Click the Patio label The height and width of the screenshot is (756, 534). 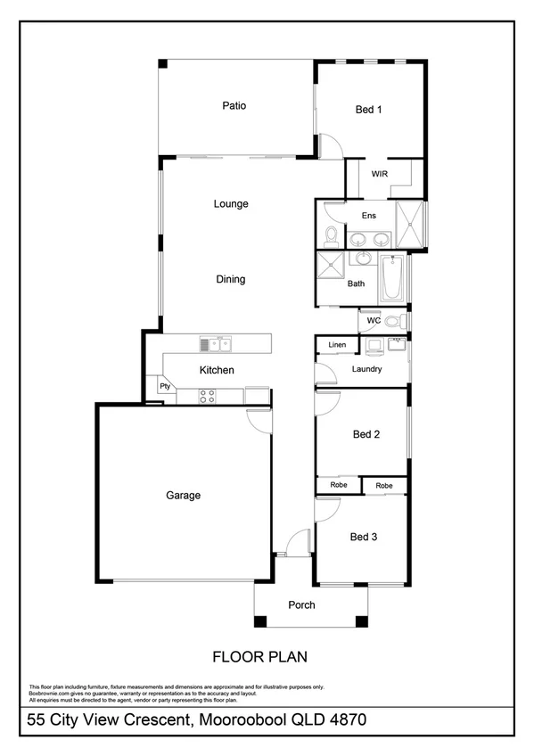pyautogui.click(x=234, y=106)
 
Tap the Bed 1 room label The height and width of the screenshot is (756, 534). pyautogui.click(x=368, y=110)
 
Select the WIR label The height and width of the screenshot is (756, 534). pyautogui.click(x=379, y=174)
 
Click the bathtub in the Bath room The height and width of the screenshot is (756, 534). pyautogui.click(x=392, y=278)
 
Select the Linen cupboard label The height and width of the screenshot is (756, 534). pyautogui.click(x=337, y=345)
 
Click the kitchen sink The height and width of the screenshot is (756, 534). pyautogui.click(x=215, y=343)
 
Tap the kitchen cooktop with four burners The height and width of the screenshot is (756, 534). pyautogui.click(x=208, y=395)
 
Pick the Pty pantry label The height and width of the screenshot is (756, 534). pyautogui.click(x=165, y=386)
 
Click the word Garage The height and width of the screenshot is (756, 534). pyautogui.click(x=183, y=496)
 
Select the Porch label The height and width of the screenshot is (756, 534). pyautogui.click(x=301, y=605)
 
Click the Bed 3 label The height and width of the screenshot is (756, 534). pyautogui.click(x=364, y=537)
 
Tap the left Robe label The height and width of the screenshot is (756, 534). pyautogui.click(x=339, y=485)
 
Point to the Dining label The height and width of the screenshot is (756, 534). pyautogui.click(x=230, y=280)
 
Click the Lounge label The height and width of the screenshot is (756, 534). pyautogui.click(x=231, y=204)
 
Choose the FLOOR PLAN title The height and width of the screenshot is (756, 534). pyautogui.click(x=259, y=658)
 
